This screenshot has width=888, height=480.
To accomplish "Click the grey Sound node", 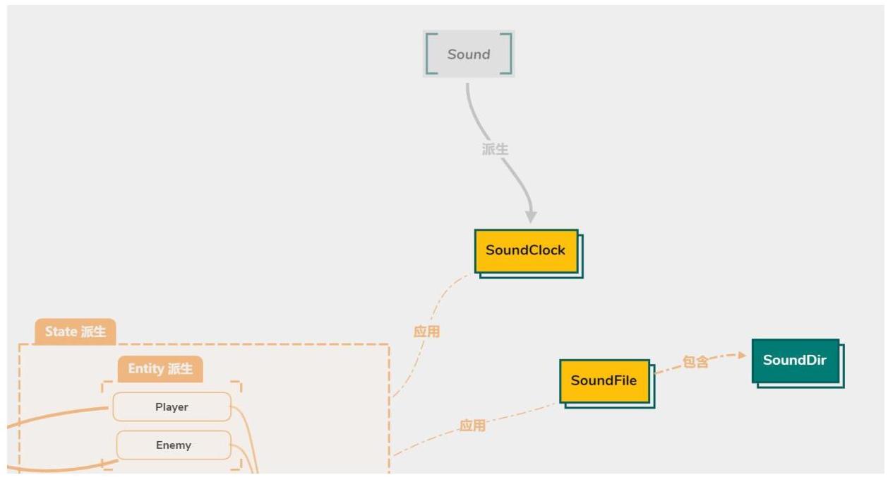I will click(x=469, y=54).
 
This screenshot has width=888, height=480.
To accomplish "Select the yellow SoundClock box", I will click(x=526, y=250).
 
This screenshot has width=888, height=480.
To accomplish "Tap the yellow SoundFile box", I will click(x=604, y=381).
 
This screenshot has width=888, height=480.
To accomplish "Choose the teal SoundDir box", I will click(x=795, y=361).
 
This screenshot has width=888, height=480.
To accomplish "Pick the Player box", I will click(x=172, y=407).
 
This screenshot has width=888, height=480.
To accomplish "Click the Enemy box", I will click(x=174, y=445).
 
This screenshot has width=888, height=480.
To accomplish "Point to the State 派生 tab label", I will click(x=76, y=332).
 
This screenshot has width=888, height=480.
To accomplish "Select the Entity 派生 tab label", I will click(x=160, y=369).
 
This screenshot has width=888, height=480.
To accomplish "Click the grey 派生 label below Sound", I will click(x=495, y=149).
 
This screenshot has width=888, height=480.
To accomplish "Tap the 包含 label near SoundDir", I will click(x=695, y=362).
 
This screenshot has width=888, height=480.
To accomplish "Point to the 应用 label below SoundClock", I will click(x=426, y=332).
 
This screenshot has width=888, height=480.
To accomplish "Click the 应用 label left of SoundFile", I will click(x=472, y=426).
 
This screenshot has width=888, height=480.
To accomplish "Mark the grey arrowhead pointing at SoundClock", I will click(x=531, y=216).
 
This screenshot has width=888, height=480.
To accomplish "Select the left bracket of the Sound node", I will click(x=431, y=54).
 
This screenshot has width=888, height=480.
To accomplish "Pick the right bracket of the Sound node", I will click(x=505, y=54).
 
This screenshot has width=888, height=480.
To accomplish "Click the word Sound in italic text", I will click(x=469, y=54).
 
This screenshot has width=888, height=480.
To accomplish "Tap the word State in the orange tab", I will click(x=61, y=332).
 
